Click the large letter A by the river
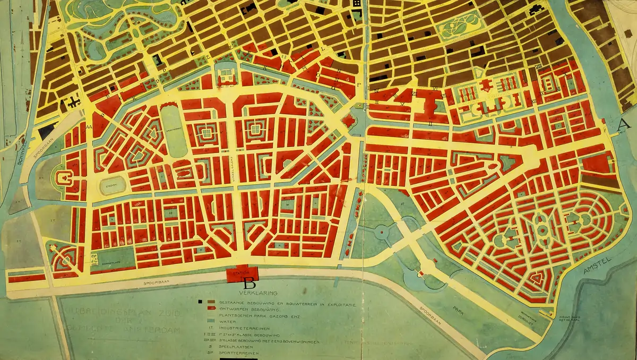[624, 124]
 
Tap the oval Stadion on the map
[113, 185]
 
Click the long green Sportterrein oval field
[170, 131]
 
